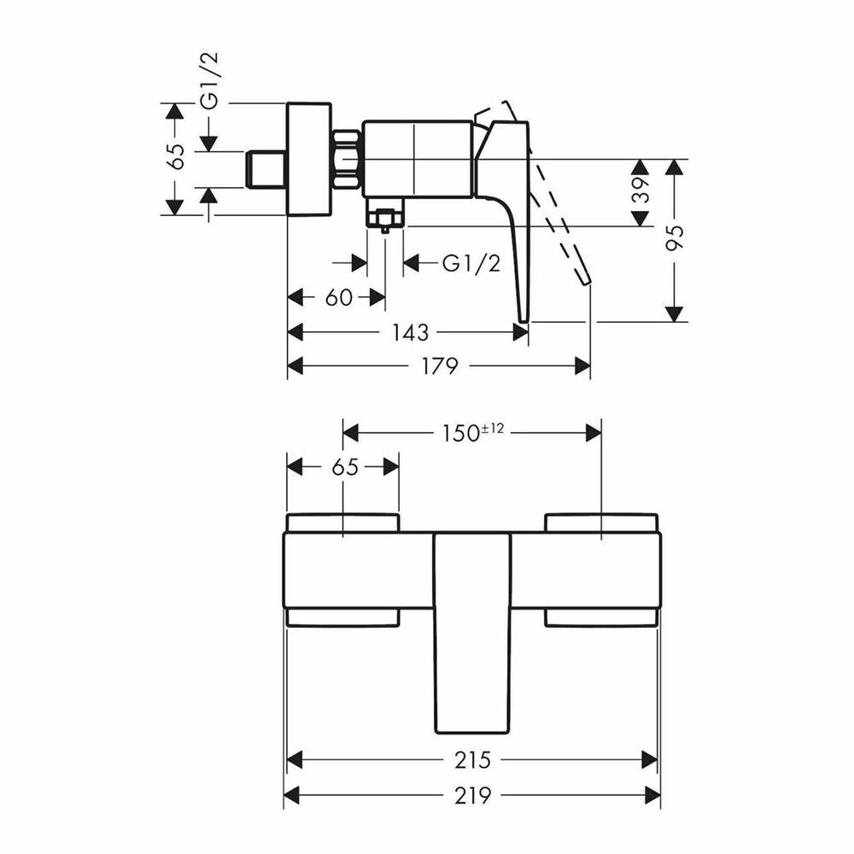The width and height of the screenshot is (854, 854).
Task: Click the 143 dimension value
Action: point(411,332)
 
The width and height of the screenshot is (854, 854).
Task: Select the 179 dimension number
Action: point(440,366)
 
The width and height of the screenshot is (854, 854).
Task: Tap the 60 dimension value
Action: point(339,298)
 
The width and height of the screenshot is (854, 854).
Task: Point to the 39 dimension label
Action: point(643,190)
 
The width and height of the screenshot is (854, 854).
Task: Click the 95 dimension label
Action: point(676,237)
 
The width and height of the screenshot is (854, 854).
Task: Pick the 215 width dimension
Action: point(472,760)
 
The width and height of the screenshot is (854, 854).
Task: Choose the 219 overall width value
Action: point(472,796)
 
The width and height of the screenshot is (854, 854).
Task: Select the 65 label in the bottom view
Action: point(345,467)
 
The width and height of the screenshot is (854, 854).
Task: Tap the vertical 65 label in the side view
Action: point(178,156)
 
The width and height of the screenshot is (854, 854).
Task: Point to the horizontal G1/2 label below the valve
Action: point(471,264)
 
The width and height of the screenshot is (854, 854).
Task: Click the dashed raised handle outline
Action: point(546,190)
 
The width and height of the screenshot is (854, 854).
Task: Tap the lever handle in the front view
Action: point(473,632)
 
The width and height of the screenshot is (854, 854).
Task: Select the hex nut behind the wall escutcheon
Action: point(347,161)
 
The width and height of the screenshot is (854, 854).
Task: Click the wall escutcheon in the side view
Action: point(309,159)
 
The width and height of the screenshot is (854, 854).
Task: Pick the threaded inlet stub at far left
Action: point(266,169)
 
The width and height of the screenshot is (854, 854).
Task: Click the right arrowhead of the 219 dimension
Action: point(652,796)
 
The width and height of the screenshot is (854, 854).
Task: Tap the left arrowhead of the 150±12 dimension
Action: point(350,434)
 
